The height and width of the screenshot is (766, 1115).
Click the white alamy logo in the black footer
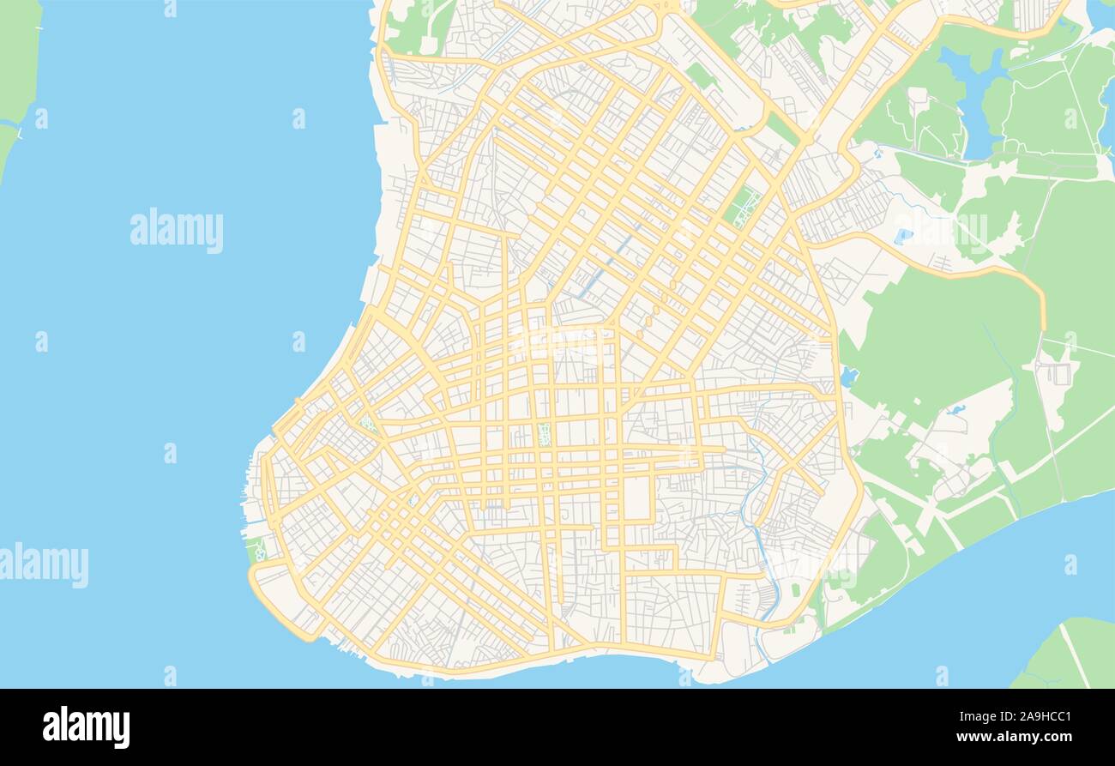pos(86,727)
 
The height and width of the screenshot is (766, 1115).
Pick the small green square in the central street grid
pos(544,434)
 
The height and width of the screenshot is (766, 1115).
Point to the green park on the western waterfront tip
pos(256,549)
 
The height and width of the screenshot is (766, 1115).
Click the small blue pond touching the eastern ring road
pos(848,376)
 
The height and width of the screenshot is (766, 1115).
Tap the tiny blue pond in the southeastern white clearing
pos(956,410)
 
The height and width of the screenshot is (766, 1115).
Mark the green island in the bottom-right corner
pos(1068,656)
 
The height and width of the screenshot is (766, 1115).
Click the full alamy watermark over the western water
pos(177,231)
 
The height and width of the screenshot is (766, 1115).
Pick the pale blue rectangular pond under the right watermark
pos(902,235)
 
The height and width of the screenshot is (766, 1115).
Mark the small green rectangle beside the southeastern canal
pos(796,590)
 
